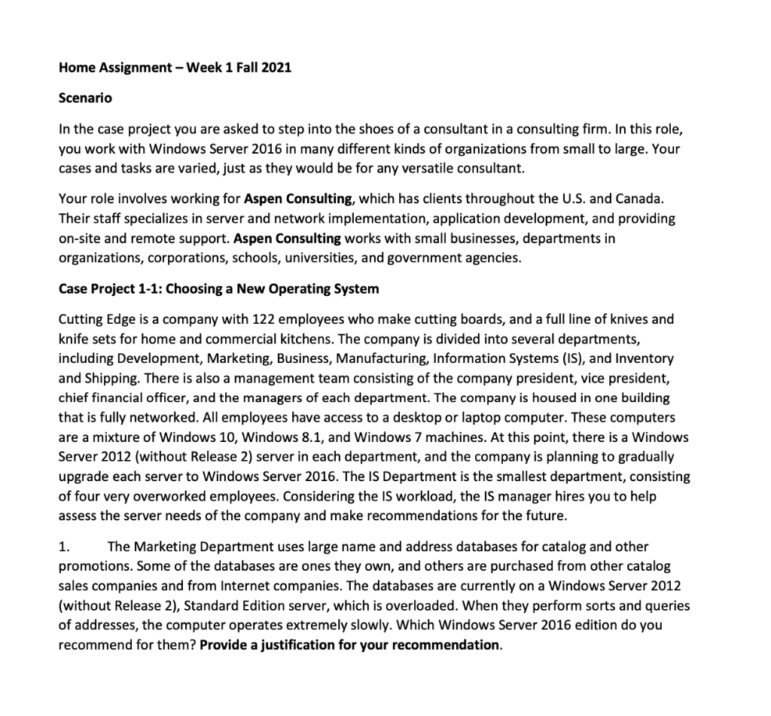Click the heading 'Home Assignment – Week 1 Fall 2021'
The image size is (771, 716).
click(x=175, y=68)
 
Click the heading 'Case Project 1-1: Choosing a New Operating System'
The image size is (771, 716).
click(x=218, y=289)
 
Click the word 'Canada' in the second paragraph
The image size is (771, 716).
click(x=641, y=200)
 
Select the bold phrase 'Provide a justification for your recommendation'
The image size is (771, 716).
click(x=350, y=645)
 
